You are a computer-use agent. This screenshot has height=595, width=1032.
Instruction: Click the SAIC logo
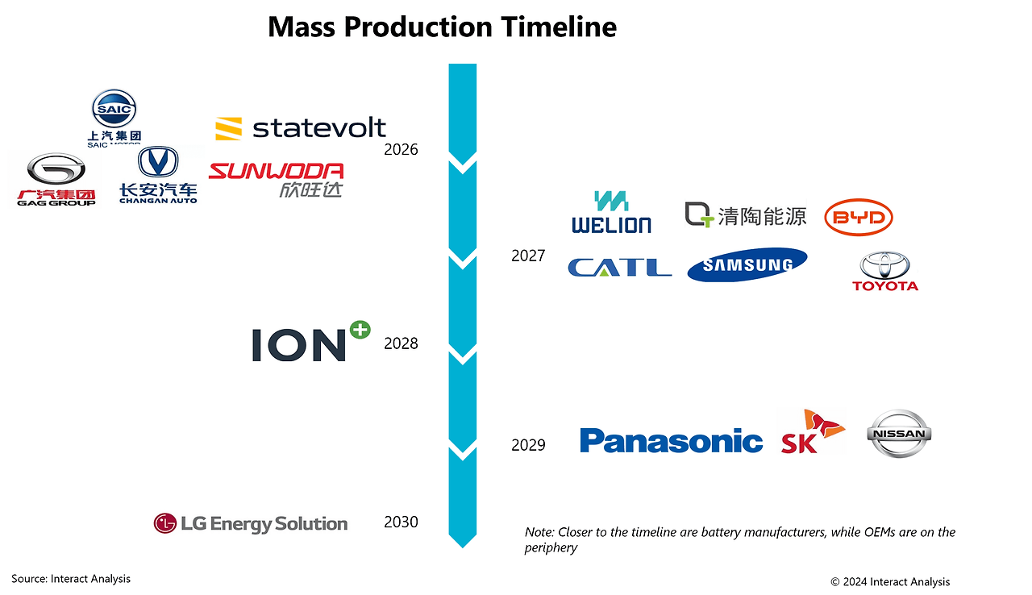pyautogui.click(x=114, y=119)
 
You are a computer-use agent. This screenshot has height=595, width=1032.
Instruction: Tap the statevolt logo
pyautogui.click(x=301, y=128)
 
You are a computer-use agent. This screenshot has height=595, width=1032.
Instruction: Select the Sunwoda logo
pyautogui.click(x=276, y=180)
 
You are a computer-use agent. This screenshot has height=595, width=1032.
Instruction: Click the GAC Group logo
pyautogui.click(x=56, y=180)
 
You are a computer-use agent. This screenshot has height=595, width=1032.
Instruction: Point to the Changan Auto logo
pyautogui.click(x=158, y=175)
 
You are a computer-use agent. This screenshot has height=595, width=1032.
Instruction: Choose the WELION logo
pyautogui.click(x=611, y=212)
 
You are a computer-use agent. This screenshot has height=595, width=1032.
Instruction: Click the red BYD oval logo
pyautogui.click(x=859, y=217)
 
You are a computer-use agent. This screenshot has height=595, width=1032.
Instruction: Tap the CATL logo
pyautogui.click(x=620, y=267)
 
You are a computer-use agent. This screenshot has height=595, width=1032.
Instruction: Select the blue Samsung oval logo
pyautogui.click(x=747, y=264)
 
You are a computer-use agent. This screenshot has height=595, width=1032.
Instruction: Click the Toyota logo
pyautogui.click(x=885, y=271)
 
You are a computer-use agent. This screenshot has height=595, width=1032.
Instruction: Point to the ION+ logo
pyautogui.click(x=311, y=341)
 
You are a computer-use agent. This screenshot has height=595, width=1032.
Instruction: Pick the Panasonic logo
pyautogui.click(x=672, y=440)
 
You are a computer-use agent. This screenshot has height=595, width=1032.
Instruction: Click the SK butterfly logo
pyautogui.click(x=813, y=431)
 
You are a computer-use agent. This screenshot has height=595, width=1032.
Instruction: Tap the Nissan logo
pyautogui.click(x=899, y=434)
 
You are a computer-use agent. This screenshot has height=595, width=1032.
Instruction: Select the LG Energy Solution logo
pyautogui.click(x=251, y=523)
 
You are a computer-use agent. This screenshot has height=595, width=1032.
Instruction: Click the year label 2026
pyautogui.click(x=401, y=150)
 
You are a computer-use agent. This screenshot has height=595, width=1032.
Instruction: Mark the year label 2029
pyautogui.click(x=528, y=445)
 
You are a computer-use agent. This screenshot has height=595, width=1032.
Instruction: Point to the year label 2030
pyautogui.click(x=401, y=522)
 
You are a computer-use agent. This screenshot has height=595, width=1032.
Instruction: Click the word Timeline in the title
pyautogui.click(x=559, y=27)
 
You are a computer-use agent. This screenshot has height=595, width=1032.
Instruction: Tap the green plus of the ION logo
pyautogui.click(x=360, y=331)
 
